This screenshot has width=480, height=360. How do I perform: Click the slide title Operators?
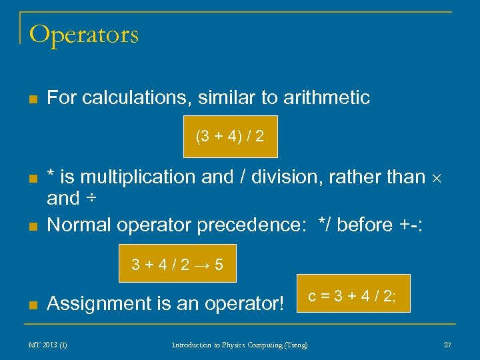click(84, 34)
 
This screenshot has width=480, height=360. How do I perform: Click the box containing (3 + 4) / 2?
click(230, 137)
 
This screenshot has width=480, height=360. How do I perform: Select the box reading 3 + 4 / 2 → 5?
click(177, 265)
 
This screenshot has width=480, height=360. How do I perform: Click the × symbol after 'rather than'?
click(439, 178)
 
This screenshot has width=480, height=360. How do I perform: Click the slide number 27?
click(447, 345)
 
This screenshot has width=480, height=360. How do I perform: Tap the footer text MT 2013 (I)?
click(47, 345)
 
